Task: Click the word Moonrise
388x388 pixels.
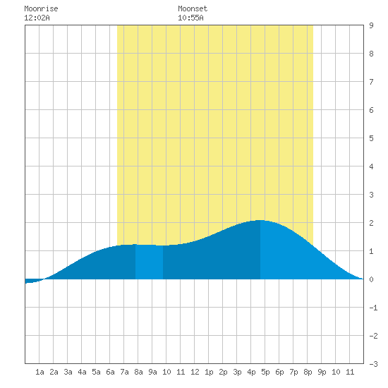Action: [41, 8]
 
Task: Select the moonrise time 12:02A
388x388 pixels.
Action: [37, 18]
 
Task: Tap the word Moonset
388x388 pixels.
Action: [193, 8]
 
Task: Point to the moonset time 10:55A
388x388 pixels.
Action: [190, 18]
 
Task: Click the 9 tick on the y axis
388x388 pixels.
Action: [371, 25]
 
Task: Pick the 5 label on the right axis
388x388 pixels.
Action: [371, 138]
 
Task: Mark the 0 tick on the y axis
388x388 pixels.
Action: [371, 279]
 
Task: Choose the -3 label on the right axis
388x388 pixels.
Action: [373, 364]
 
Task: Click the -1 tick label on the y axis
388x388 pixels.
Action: [373, 308]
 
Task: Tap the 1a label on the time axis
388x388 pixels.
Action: [40, 372]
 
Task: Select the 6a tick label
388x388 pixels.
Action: [110, 372]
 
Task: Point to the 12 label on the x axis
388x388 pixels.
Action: [195, 372]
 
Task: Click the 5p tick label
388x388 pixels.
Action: [265, 372]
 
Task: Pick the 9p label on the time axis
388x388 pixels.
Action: [322, 372]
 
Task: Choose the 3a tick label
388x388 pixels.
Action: [68, 372]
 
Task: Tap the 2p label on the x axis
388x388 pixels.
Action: [223, 372]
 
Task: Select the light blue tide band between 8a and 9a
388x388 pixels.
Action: [149, 262]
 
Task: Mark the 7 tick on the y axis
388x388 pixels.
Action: [371, 82]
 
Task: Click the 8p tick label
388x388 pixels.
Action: [308, 372]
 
